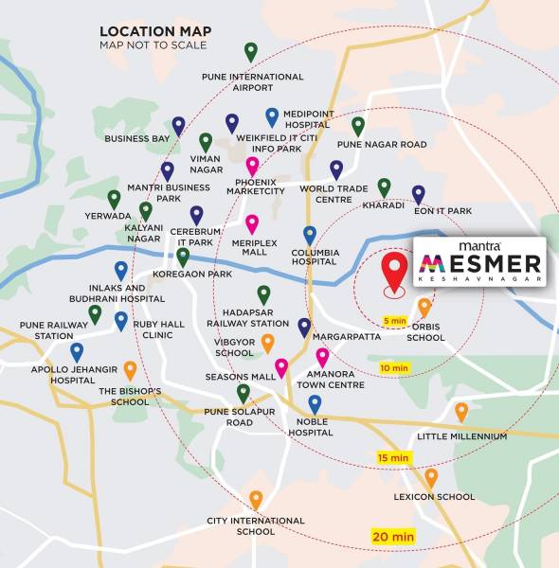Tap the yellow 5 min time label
coord(395,320)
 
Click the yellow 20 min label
coord(392,537)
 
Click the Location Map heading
coord(155,31)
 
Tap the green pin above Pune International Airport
coord(251,52)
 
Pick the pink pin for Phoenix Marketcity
coord(252,167)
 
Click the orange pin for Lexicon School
coord(432,478)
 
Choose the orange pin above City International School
coord(256,500)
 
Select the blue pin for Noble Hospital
coord(315,404)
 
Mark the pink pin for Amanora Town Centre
coord(322,357)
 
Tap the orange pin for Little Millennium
coord(461,412)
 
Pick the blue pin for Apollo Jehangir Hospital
coord(77,352)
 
